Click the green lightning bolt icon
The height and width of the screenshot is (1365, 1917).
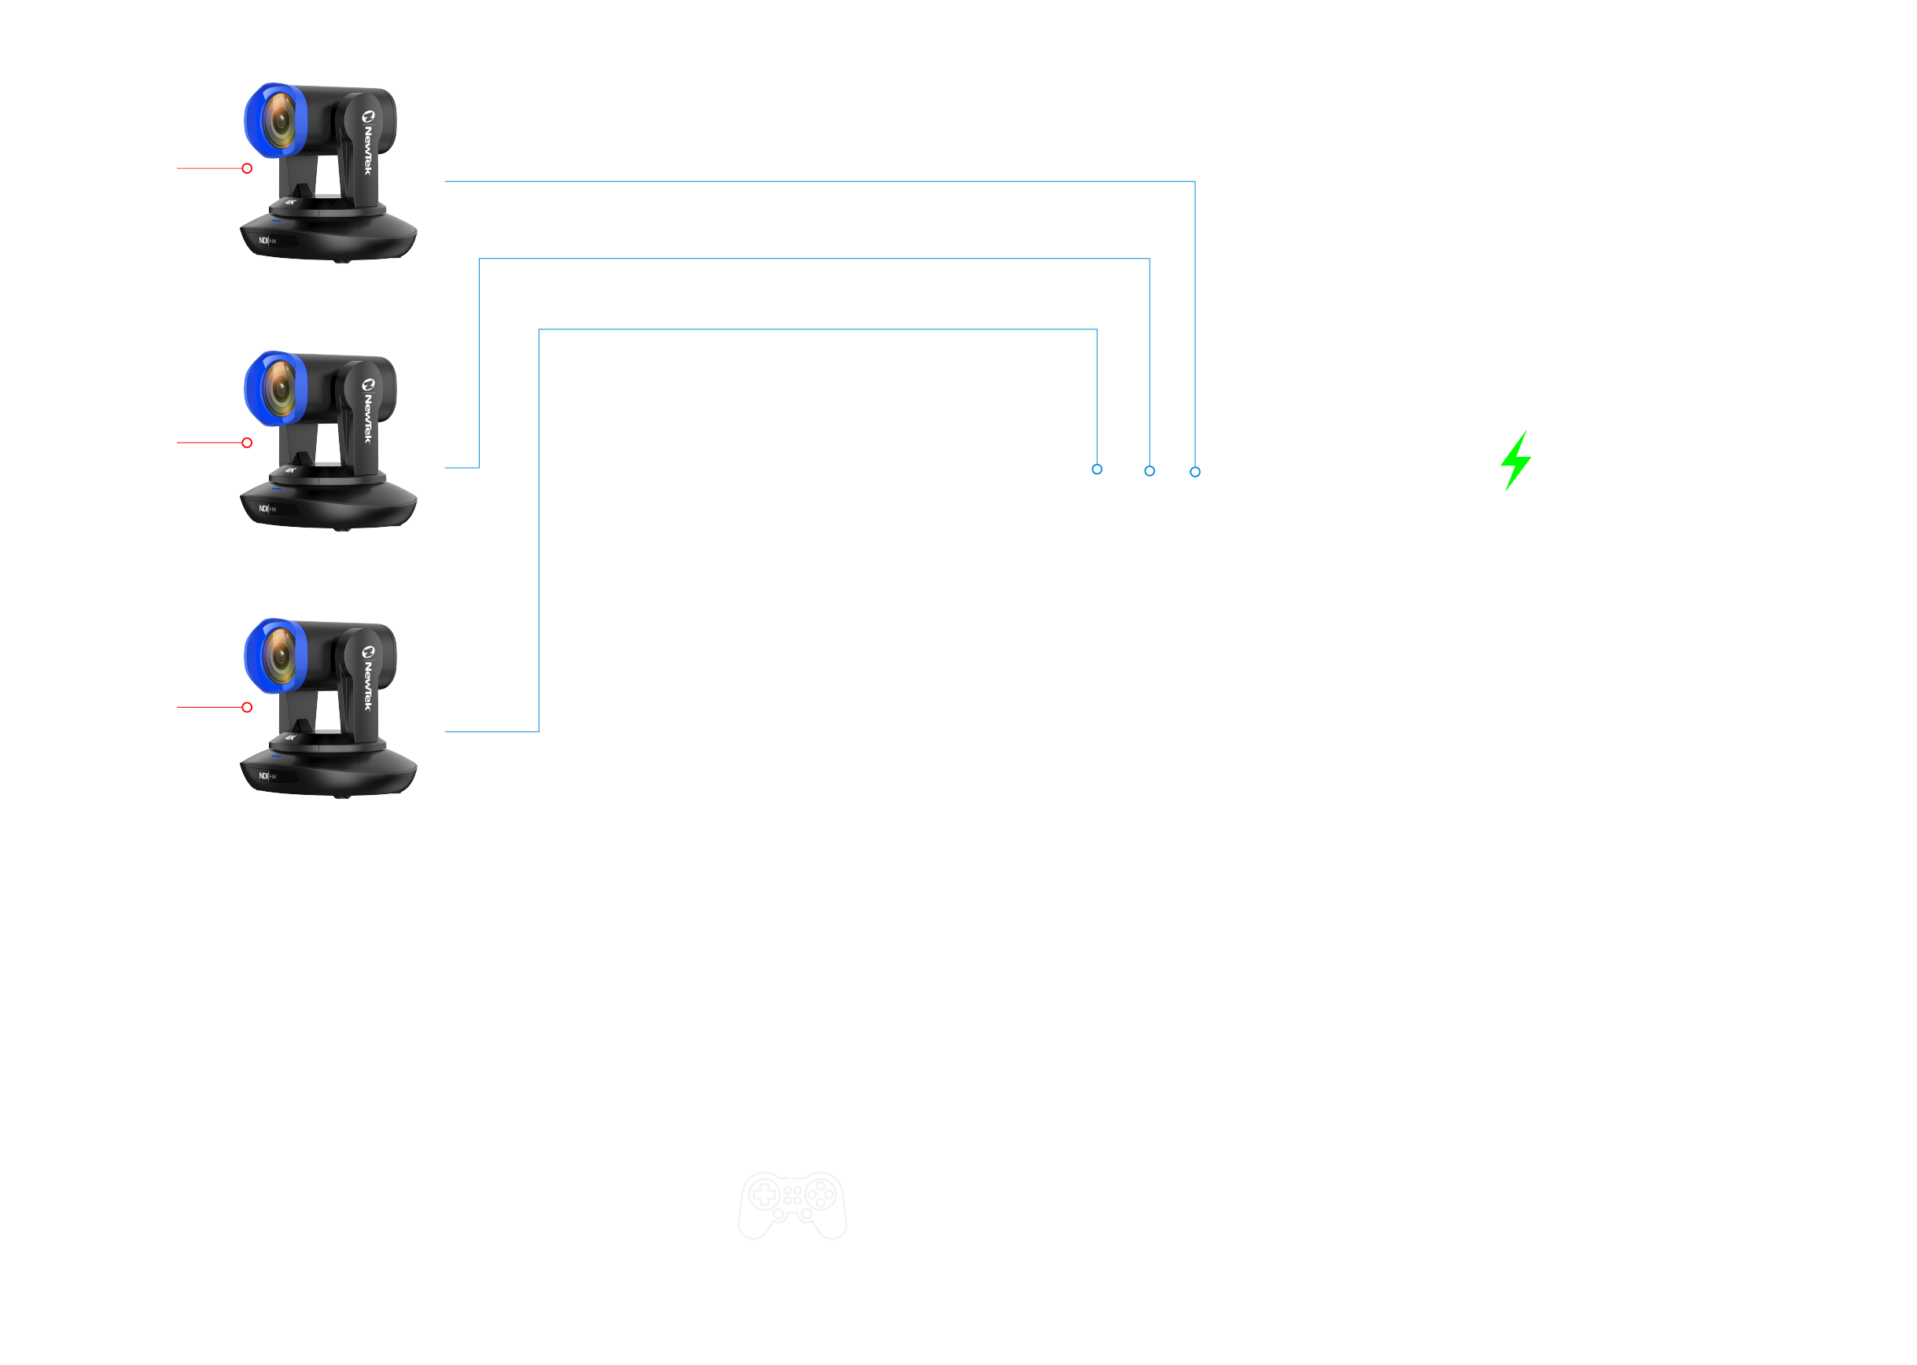pos(1515,461)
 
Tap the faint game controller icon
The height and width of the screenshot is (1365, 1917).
pos(792,1205)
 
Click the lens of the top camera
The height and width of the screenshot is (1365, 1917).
pos(279,121)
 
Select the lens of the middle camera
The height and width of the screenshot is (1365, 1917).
pos(279,389)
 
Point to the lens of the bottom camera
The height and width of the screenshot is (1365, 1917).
pos(279,657)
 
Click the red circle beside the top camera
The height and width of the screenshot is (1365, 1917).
pos(247,168)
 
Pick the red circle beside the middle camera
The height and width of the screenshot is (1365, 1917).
pos(247,442)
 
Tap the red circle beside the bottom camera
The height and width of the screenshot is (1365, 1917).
pos(247,707)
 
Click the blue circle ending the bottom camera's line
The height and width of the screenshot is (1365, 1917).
pos(1097,469)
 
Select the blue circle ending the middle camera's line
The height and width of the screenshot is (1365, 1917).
pos(1150,471)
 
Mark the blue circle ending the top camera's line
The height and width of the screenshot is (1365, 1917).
pos(1195,472)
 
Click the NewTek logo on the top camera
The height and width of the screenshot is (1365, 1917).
pos(368,143)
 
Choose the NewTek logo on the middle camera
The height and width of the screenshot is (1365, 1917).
pos(368,411)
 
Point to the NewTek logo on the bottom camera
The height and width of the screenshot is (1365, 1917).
pos(368,679)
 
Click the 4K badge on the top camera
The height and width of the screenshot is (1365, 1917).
pos(291,202)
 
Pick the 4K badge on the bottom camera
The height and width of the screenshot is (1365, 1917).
pos(291,737)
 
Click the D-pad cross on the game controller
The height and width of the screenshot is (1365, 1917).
pos(765,1194)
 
